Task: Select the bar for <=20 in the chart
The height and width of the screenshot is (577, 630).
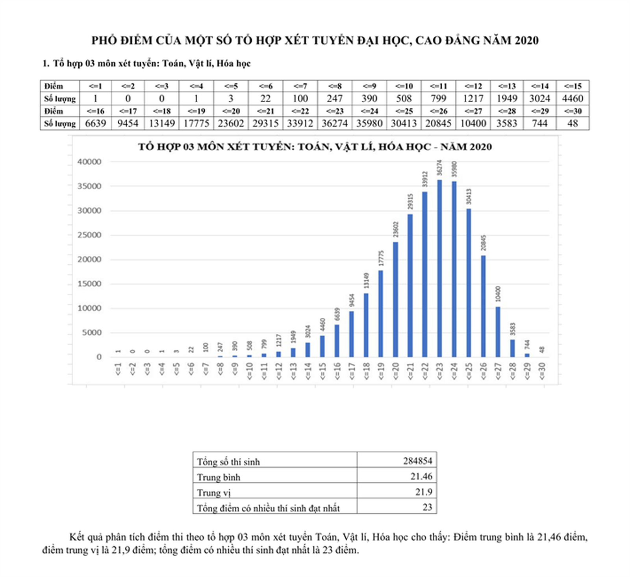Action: coord(395,299)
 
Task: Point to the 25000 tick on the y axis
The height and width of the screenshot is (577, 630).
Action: coord(89,235)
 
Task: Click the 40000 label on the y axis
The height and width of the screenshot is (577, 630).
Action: coord(89,162)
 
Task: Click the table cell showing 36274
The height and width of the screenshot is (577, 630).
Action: coord(334,124)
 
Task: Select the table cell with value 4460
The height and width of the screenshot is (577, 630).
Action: coord(573,98)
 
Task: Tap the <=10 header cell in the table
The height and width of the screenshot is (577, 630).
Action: coord(404,86)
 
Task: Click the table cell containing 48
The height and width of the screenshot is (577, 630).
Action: coord(573,124)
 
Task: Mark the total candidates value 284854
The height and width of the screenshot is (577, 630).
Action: coord(417,461)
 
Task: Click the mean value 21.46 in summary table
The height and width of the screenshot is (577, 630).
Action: coord(421,476)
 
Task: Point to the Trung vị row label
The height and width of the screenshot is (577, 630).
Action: coord(214,492)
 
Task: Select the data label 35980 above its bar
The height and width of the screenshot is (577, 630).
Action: coord(454,169)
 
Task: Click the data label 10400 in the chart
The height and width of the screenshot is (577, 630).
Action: coord(498,294)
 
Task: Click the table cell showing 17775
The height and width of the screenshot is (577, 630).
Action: coord(196,124)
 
